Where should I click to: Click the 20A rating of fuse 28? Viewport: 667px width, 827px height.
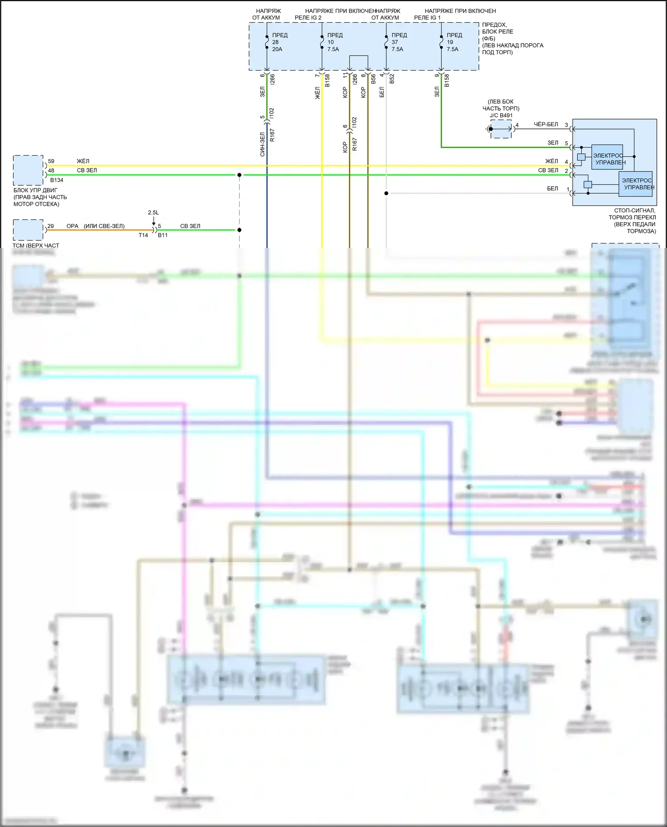pos(277,49)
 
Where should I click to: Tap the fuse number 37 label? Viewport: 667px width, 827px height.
pos(394,42)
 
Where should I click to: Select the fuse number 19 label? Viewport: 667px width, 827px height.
pos(450,42)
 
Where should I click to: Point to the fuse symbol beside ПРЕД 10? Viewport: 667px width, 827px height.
pos(321,42)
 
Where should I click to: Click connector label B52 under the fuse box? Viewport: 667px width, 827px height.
pos(392,79)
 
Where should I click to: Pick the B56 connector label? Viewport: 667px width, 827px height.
pos(374,79)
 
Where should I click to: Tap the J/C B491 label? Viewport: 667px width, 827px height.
pos(501,116)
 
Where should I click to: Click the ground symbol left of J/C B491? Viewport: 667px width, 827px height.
pos(488,129)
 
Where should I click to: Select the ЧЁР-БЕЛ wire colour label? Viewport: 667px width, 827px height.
pos(546,124)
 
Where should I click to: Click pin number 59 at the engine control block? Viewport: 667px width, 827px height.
pos(51,161)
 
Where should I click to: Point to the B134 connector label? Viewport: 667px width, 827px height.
pos(57,180)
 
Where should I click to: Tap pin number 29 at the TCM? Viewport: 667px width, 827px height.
pos(51,226)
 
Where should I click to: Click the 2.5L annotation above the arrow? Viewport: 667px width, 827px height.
pos(153,212)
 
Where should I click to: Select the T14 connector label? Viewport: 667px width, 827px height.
pos(143,235)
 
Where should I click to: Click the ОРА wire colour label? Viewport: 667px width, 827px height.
pos(72,226)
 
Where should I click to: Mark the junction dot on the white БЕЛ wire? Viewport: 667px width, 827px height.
pos(386,193)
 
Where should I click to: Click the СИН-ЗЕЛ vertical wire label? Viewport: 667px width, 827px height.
pos(262,144)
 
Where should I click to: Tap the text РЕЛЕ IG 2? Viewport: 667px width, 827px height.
pos(308,18)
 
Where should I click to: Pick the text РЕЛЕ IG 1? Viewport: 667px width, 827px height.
pos(427,18)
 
